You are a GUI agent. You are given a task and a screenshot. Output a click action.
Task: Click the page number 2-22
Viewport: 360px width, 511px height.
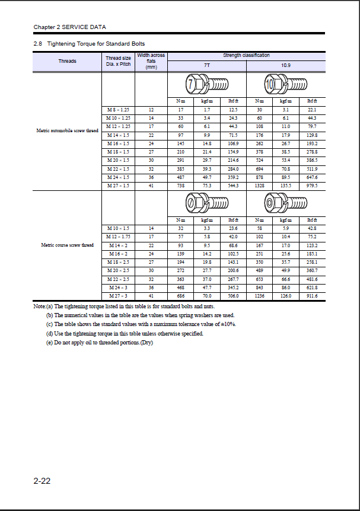pos(42,481)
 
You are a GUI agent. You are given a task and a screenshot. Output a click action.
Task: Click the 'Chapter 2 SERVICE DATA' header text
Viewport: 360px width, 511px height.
pos(69,27)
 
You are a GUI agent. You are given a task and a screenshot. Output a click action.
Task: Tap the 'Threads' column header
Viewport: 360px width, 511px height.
pos(67,61)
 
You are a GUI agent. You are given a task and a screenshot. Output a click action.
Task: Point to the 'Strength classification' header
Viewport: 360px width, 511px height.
pos(246,55)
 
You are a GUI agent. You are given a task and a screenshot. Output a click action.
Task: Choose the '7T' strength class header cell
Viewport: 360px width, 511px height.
pos(206,65)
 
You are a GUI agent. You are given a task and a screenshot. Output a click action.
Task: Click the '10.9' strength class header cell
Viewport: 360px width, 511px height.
pos(286,65)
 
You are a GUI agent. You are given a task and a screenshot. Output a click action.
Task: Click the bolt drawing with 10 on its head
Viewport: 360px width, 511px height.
pos(285,85)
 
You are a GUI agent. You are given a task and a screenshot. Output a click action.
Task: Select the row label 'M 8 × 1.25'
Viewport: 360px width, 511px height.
pos(118,110)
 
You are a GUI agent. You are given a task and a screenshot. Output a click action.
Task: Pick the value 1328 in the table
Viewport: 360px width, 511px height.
pos(260,186)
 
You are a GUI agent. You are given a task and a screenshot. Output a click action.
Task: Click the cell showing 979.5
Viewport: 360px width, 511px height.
pos(312,186)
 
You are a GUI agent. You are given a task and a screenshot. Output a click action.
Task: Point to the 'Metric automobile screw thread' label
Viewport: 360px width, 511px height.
pos(68,130)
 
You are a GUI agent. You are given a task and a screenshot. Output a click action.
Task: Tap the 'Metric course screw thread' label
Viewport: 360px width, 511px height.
pos(68,244)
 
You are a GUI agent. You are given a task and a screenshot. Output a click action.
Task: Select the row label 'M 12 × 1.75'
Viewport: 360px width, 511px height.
pos(118,237)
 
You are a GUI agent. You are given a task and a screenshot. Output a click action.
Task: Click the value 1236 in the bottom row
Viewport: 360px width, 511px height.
pos(260,295)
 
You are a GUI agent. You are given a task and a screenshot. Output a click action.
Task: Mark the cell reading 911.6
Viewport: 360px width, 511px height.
pos(312,295)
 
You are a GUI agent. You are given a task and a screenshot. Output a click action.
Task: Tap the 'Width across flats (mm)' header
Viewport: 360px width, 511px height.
pos(151,61)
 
